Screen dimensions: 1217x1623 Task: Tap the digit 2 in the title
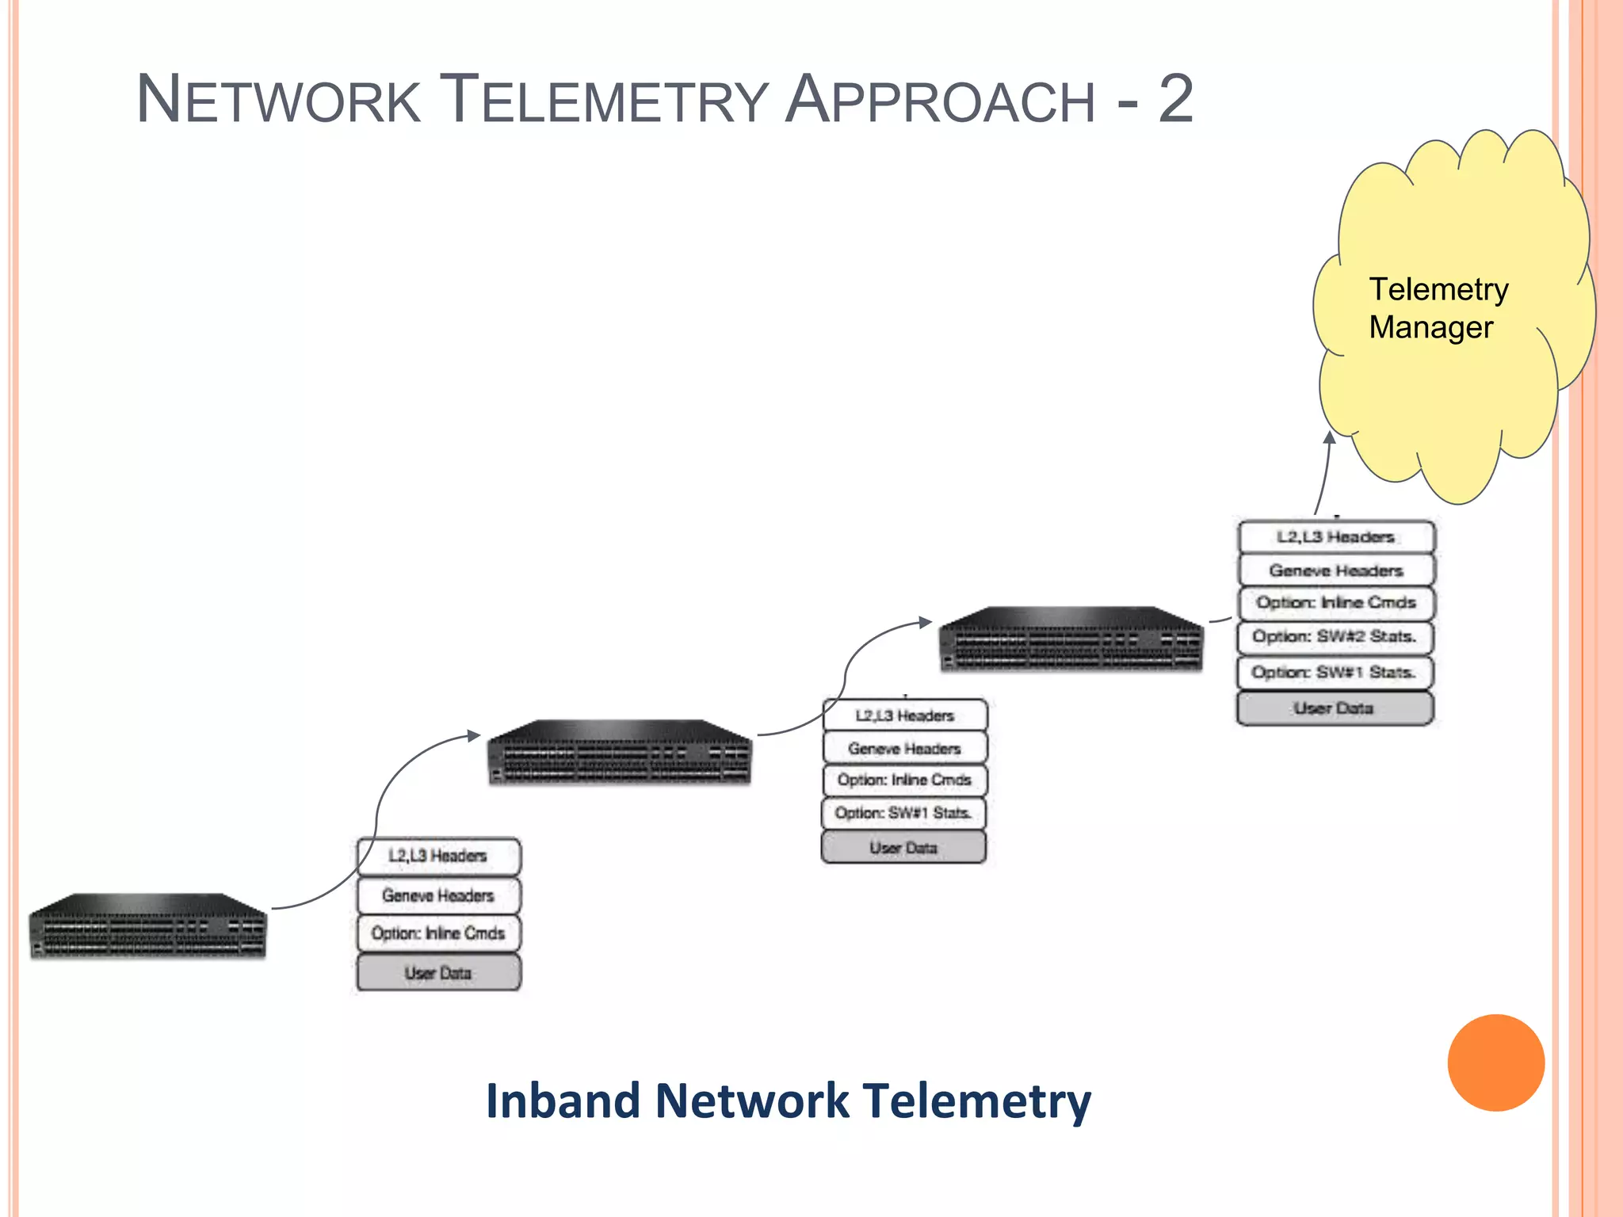1175,100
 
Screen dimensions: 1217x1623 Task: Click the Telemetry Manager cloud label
1438,308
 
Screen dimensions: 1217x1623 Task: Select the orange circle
1495,1062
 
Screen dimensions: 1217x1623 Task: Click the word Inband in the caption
563,1101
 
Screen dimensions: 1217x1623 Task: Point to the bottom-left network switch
148,926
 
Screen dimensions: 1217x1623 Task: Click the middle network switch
620,753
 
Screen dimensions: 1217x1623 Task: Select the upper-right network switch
1071,639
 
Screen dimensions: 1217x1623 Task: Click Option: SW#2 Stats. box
1335,637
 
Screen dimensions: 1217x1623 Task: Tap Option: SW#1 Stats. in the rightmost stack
1335,673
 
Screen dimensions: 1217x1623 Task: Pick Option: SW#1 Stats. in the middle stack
904,813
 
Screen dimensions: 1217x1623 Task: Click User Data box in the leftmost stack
438,972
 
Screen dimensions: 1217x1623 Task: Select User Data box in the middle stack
904,848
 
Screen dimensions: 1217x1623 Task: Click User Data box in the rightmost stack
1335,708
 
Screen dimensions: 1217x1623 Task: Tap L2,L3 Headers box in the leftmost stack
438,856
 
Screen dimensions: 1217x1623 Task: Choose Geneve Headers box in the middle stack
904,748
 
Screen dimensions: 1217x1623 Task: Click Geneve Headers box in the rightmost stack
1335,570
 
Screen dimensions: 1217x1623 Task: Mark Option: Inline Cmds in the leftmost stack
438,933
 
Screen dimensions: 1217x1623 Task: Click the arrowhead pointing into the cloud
1331,437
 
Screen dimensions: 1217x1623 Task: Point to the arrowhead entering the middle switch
474,735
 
